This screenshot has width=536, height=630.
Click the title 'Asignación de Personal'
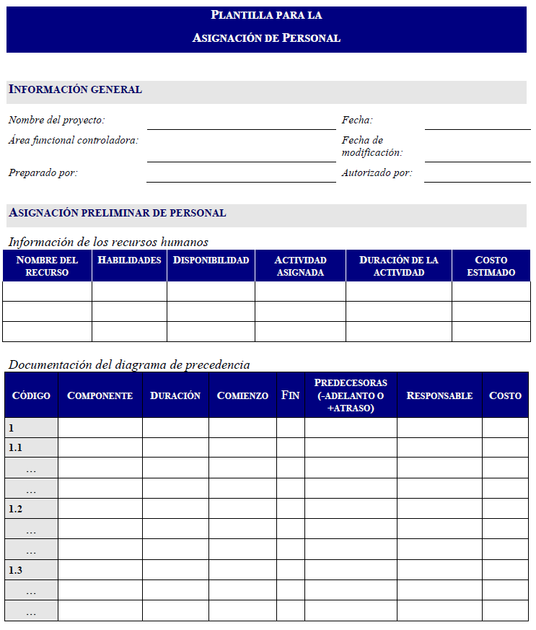[266, 38]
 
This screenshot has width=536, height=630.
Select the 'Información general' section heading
[75, 90]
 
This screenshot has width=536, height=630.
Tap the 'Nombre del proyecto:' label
[56, 121]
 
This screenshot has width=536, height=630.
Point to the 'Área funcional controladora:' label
[74, 140]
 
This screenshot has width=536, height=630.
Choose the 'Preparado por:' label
[43, 173]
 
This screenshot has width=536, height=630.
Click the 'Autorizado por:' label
[377, 173]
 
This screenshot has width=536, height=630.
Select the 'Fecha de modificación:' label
[372, 146]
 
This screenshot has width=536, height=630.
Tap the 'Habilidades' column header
[129, 261]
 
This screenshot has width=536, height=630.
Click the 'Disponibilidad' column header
[211, 261]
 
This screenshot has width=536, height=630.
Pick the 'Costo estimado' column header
[491, 266]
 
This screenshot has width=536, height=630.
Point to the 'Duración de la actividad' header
[398, 266]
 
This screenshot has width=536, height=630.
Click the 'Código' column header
[31, 395]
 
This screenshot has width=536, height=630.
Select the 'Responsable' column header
[439, 395]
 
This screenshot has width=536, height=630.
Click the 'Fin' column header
[290, 395]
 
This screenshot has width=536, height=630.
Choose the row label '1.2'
[15, 509]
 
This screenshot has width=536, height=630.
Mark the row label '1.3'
[15, 570]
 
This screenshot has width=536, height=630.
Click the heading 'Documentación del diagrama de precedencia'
[129, 364]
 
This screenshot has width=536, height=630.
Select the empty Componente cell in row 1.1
[100, 447]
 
